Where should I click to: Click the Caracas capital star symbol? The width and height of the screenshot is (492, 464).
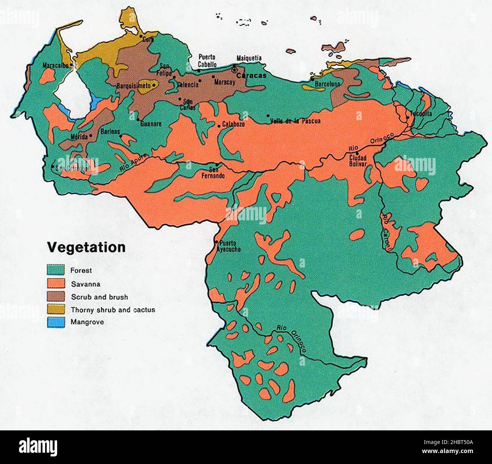pyautogui.click(x=234, y=70)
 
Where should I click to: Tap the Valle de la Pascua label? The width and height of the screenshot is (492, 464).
pyautogui.click(x=296, y=121)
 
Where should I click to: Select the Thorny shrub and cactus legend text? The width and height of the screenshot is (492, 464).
pyautogui.click(x=113, y=310)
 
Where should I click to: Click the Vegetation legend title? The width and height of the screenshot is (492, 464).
pyautogui.click(x=86, y=247)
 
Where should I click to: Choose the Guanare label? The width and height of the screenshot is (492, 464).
pyautogui.click(x=151, y=124)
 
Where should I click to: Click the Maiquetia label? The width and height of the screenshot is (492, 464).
pyautogui.click(x=249, y=58)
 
